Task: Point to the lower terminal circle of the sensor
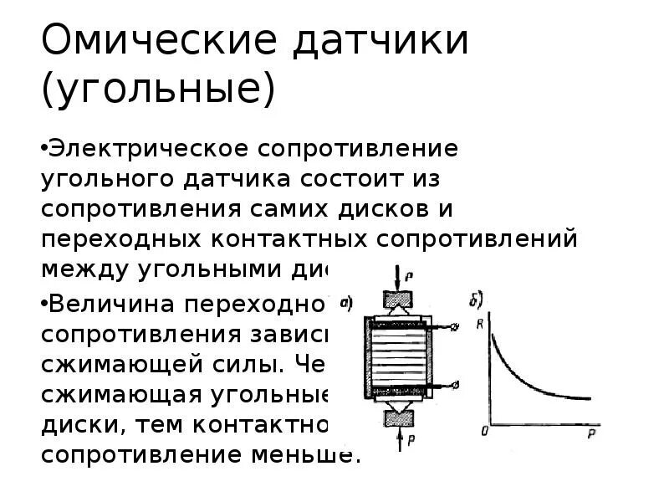[455, 385]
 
